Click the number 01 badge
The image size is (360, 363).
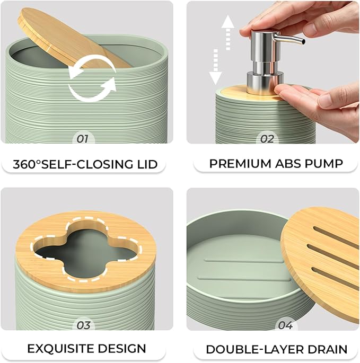pos(83,139)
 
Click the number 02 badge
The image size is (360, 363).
pos(267,139)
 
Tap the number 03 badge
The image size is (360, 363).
pos(83,325)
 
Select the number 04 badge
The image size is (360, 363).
pos(285,325)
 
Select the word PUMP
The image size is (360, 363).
pos(324,164)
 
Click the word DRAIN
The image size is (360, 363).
pos(326,350)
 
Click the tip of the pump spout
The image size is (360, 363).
pos(303,42)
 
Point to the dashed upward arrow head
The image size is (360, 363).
pos(228,22)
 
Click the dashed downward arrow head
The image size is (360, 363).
pos(215,78)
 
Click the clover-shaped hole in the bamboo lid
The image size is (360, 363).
pos(86,250)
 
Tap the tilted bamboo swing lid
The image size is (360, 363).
pos(69,39)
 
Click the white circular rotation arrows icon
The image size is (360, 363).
pos(92,78)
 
